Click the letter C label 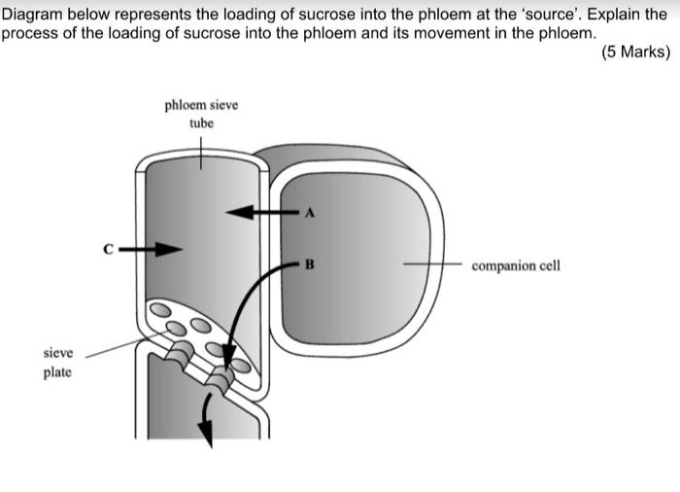click(x=110, y=250)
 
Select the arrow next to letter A click(x=255, y=211)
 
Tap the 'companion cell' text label click(x=516, y=264)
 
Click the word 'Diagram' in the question click(x=35, y=15)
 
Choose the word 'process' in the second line click(x=29, y=32)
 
